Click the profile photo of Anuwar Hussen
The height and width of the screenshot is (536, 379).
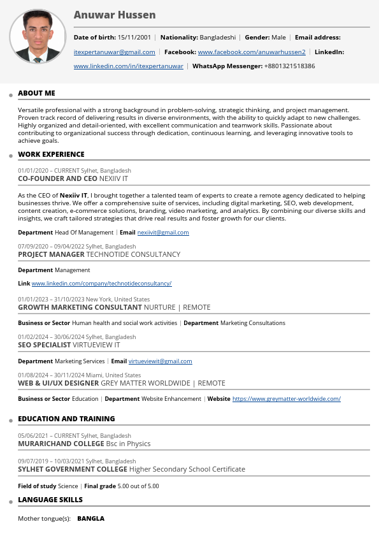[x=38, y=36]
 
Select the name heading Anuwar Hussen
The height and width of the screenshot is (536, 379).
[x=115, y=15]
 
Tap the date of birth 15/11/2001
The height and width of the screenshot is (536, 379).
[x=134, y=38]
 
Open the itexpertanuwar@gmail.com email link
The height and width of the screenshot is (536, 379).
[x=115, y=52]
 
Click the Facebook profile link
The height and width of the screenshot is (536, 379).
[x=252, y=52]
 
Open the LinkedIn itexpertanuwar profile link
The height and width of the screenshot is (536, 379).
[x=129, y=66]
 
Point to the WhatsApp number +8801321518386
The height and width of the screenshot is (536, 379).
[x=289, y=66]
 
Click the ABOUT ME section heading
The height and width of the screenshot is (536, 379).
[x=36, y=93]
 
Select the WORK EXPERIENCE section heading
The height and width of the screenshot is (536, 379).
[x=51, y=154]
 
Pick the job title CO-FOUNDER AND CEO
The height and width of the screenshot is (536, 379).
[x=57, y=179]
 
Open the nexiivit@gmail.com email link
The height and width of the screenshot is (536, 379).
[x=163, y=233]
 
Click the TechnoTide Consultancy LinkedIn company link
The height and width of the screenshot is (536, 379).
[x=102, y=284]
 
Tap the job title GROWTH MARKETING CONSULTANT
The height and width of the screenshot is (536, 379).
[x=80, y=307]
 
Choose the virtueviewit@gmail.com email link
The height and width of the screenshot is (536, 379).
[x=160, y=361]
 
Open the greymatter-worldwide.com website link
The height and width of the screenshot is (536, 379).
[x=286, y=399]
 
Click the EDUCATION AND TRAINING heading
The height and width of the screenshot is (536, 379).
[x=66, y=419]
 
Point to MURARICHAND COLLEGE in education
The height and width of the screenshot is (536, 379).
[x=61, y=444]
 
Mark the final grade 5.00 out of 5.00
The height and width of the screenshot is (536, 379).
[x=138, y=486]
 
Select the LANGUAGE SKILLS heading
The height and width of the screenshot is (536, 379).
[x=50, y=500]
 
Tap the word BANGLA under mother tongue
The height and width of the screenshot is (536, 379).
[x=90, y=519]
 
